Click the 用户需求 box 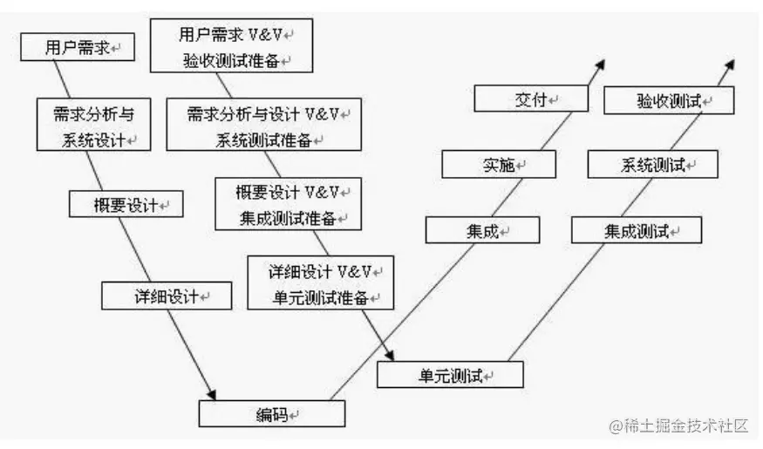click(77, 47)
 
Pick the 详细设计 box click(167, 296)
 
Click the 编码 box click(271, 413)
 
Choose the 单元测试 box click(450, 375)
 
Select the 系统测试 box click(653, 164)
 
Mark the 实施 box click(499, 164)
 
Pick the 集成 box click(482, 230)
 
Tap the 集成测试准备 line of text click(288, 218)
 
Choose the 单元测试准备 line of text click(320, 296)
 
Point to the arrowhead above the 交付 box click(599, 65)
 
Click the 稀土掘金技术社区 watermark click(678, 426)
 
